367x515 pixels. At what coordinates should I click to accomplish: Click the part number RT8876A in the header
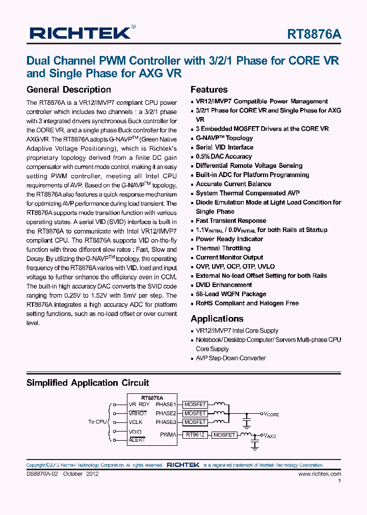point(314,34)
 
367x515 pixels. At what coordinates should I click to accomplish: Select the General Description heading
point(68,90)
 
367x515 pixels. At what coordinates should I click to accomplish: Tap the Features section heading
point(209,90)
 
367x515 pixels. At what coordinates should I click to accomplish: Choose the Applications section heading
point(217,319)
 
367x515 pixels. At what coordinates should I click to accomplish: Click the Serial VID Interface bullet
point(224,147)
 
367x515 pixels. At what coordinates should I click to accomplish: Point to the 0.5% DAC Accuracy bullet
point(224,156)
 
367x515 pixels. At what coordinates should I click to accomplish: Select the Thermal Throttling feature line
point(223,248)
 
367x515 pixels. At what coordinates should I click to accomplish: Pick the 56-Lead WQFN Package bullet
point(231,294)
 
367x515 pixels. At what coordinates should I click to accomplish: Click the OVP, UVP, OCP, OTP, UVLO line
point(235,267)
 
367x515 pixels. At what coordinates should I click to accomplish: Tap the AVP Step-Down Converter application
point(231,358)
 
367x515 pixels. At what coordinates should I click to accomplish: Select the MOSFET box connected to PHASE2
point(195,413)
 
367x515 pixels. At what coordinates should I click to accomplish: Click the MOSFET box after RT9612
point(224,435)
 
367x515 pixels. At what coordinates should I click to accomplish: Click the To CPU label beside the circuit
point(98,422)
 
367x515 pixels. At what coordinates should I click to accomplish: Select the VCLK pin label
point(136,422)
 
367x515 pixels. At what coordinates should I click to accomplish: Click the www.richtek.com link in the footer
point(320,474)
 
